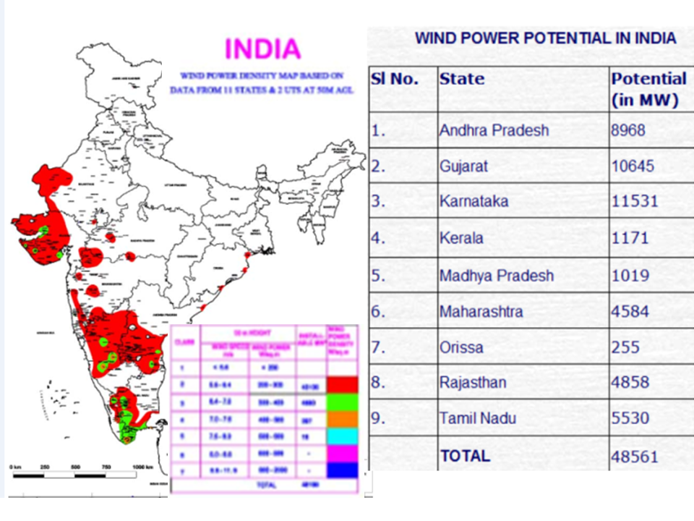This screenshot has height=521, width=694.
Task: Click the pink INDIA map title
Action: point(262,49)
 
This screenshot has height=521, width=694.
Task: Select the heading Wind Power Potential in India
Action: point(546,38)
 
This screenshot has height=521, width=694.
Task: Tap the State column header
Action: point(462,79)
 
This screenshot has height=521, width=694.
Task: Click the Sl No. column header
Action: point(395,79)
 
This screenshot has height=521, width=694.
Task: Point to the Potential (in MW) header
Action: point(648,89)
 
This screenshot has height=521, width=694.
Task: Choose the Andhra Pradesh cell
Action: point(494,131)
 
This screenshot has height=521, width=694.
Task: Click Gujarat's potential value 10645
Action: point(633,166)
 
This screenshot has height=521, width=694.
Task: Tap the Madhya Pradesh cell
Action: point(497,276)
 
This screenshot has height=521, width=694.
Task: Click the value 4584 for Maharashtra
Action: point(630,312)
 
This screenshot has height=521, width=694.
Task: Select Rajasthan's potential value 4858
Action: point(630,382)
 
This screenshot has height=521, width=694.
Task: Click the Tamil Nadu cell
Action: point(478,418)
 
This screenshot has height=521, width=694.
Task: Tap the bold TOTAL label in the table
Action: point(465,456)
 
